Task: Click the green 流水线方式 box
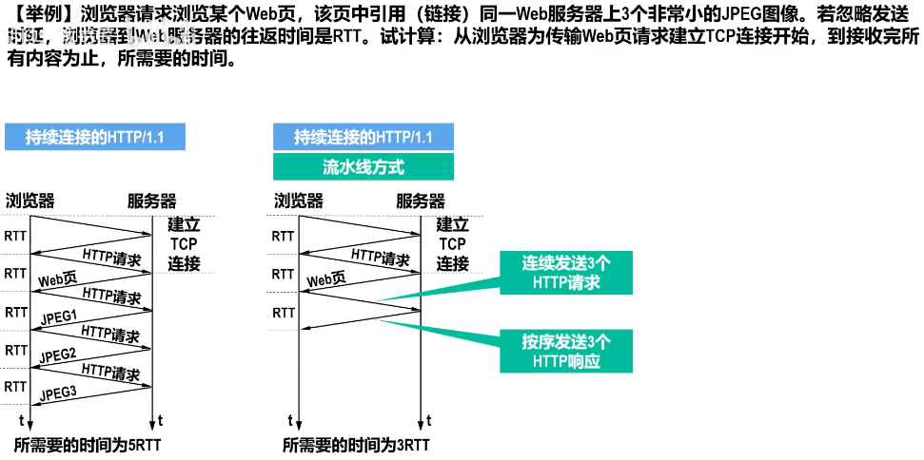coord(363,167)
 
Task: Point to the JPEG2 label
coord(58,355)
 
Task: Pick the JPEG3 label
coord(58,393)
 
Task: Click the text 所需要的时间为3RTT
coord(357,444)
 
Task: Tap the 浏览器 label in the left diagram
coord(29,201)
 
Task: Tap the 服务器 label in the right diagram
coord(421,201)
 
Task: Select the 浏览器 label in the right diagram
coord(299,201)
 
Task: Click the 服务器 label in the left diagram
coord(152,201)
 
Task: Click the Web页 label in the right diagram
coord(325,279)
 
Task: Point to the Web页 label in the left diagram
coord(57,279)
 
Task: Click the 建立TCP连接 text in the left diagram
coord(184,244)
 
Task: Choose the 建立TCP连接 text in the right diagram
coord(452,244)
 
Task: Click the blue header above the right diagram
coord(363,137)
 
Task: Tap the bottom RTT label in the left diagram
coord(16,387)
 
